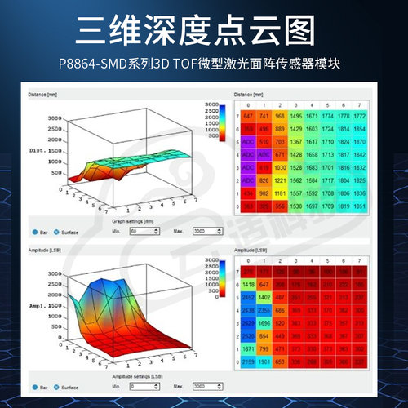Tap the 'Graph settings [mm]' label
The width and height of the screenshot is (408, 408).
pyautogui.click(x=135, y=220)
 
